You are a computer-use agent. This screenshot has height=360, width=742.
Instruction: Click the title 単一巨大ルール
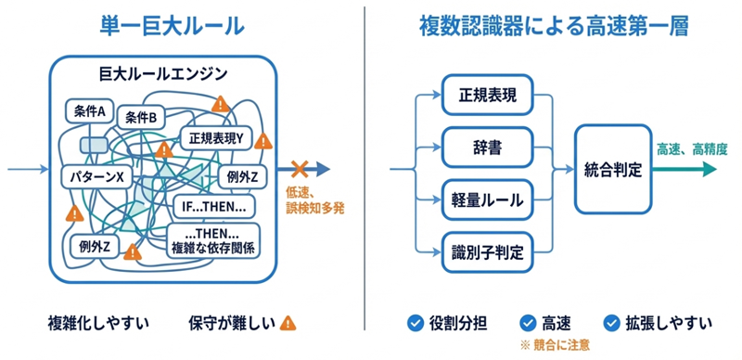173,27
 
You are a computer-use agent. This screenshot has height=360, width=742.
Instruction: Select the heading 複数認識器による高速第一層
554,27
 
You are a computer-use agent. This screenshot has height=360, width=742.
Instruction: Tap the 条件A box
89,111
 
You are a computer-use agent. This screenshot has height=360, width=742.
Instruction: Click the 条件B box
141,118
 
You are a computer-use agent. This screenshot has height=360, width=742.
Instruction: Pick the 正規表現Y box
216,138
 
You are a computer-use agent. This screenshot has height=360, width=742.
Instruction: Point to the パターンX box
96,176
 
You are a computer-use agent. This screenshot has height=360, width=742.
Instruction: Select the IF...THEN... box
214,207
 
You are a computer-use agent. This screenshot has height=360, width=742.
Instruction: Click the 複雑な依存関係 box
214,240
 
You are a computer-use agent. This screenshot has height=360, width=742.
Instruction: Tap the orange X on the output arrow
299,169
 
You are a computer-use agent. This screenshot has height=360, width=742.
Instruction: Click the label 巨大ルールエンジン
163,74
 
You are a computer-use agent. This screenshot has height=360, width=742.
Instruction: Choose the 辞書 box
488,148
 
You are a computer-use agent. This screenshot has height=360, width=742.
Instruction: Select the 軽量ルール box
488,200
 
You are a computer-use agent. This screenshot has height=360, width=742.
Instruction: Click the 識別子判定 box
488,252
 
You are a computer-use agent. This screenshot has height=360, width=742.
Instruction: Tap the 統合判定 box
613,169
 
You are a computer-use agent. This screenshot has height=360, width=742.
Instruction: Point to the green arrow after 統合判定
684,169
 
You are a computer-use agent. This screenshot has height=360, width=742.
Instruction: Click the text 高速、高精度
691,148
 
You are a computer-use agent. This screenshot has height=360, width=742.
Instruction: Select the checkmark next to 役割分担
415,323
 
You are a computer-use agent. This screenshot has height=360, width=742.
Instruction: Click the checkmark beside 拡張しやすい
612,323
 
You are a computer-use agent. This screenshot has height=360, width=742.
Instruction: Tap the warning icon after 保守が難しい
288,323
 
